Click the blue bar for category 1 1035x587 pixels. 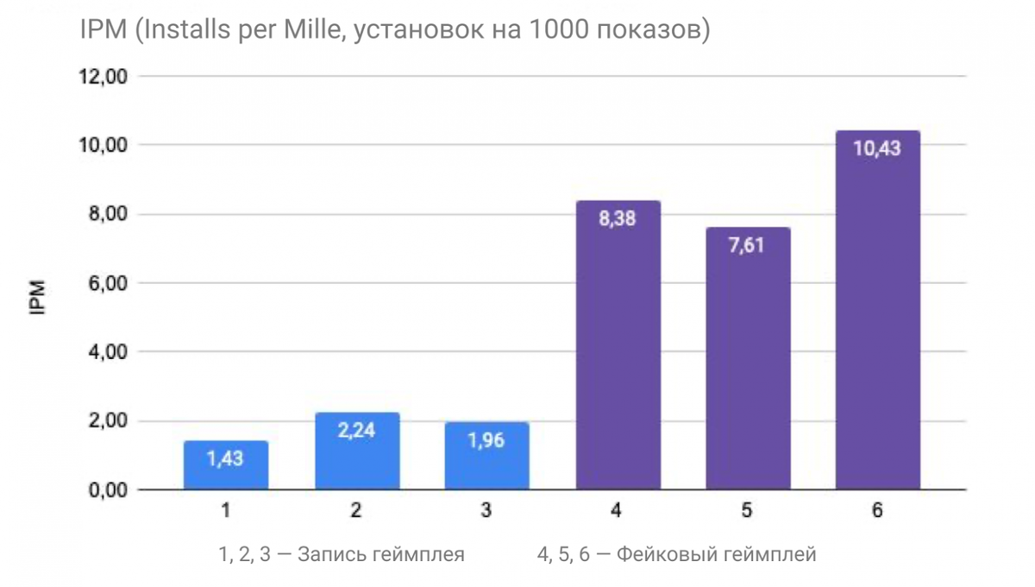tap(226, 466)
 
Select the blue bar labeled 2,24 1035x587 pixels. tap(356, 452)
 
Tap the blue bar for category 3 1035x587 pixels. tap(486, 458)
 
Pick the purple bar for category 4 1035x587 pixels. tap(617, 345)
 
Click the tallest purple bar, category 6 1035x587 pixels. tap(877, 311)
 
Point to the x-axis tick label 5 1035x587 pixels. tap(747, 511)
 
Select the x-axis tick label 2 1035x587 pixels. tap(356, 511)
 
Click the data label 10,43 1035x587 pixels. tap(877, 148)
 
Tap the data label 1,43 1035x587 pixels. tap(226, 458)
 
